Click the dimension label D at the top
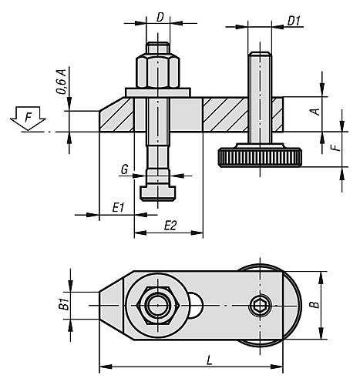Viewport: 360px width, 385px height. (x=159, y=16)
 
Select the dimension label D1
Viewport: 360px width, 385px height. (x=294, y=17)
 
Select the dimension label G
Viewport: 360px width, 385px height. (x=123, y=170)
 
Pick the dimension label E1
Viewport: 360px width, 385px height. (x=118, y=207)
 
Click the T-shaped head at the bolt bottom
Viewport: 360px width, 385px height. (x=160, y=189)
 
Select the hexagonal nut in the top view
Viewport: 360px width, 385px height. (x=158, y=306)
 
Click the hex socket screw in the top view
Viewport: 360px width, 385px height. (x=259, y=306)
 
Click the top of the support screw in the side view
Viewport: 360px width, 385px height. (x=260, y=55)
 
